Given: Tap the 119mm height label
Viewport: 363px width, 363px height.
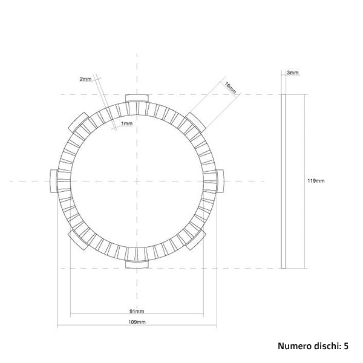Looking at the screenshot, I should (315, 181).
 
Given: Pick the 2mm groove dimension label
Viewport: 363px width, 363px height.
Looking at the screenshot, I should (85, 79).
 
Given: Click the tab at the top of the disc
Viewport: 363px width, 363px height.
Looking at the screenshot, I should (137, 99).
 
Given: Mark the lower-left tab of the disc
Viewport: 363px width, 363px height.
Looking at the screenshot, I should (79, 239).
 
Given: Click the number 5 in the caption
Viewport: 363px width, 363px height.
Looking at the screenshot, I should (346, 347).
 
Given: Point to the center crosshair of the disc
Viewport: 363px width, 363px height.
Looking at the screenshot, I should (137, 180).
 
